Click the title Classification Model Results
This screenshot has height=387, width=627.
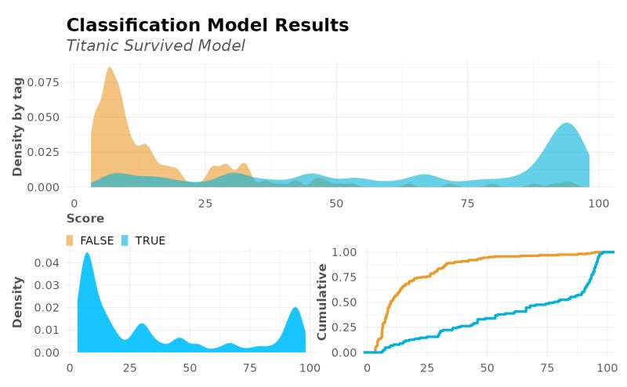pos(207,25)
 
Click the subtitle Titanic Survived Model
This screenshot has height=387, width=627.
pos(155,46)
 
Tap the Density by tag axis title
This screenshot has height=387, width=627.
pos(17,125)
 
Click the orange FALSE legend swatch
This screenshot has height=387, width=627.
pos(70,241)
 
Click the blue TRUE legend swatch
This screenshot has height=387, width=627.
pos(125,241)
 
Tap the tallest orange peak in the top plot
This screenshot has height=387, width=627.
pos(109,69)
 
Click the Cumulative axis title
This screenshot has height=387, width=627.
pos(321,302)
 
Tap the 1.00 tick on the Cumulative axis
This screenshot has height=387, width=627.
pos(346,252)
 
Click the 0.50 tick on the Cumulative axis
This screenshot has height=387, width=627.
pos(346,302)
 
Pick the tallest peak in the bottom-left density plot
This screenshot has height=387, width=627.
pos(87,254)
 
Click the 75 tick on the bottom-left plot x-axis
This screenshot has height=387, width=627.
pos(249,367)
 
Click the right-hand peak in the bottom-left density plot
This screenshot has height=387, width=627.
pos(295,309)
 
